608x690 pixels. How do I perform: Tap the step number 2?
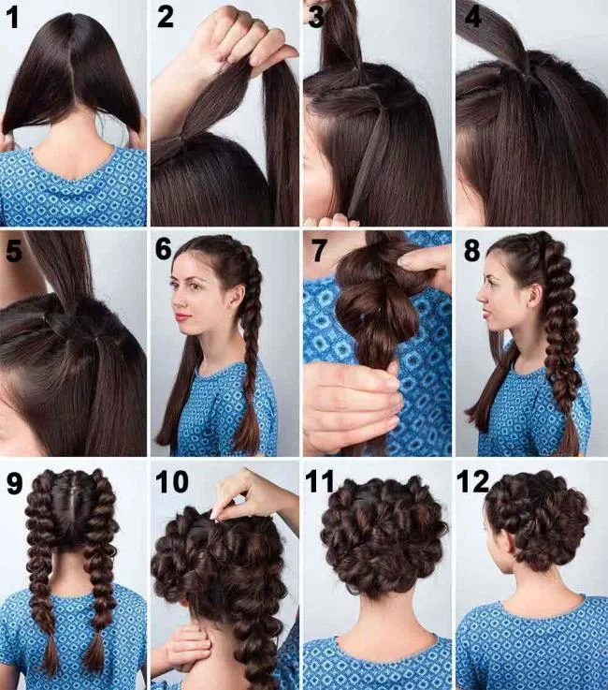click(x=166, y=18)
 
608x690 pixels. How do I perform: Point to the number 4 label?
click(x=470, y=18)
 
